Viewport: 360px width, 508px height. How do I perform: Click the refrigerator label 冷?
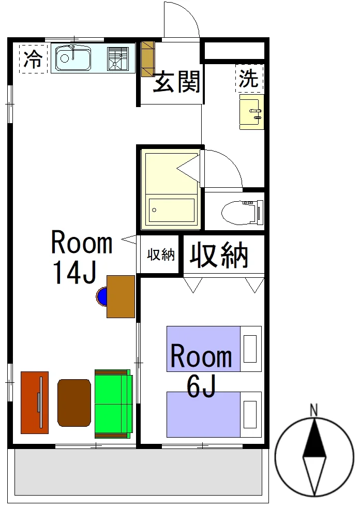(x=34, y=59)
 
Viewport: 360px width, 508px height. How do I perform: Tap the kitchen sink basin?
(x=73, y=58)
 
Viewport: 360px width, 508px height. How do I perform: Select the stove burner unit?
(x=118, y=58)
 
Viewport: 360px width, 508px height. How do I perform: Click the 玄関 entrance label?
(x=176, y=82)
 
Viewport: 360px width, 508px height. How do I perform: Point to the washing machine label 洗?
(x=248, y=78)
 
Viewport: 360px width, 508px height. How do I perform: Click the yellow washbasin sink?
(x=252, y=112)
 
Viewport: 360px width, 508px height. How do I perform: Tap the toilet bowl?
(x=242, y=212)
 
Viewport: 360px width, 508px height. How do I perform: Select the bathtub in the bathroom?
(x=171, y=210)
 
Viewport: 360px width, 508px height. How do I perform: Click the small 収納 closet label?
(x=161, y=255)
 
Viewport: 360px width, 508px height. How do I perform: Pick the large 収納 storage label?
(x=219, y=255)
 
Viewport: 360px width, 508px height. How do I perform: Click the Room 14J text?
(x=81, y=256)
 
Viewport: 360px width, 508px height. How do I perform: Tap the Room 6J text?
(x=201, y=370)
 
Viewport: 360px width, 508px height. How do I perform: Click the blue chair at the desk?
(x=101, y=296)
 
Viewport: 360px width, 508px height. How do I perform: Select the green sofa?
(x=114, y=404)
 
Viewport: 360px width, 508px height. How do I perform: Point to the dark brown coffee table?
(x=74, y=402)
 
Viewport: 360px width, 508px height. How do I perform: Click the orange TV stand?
(x=35, y=402)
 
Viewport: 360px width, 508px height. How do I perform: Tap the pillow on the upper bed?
(x=250, y=349)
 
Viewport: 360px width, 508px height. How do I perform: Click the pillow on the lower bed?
(x=250, y=414)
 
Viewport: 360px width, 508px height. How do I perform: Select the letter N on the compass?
(x=313, y=410)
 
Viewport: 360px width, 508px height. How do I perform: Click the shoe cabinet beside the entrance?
(x=147, y=58)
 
